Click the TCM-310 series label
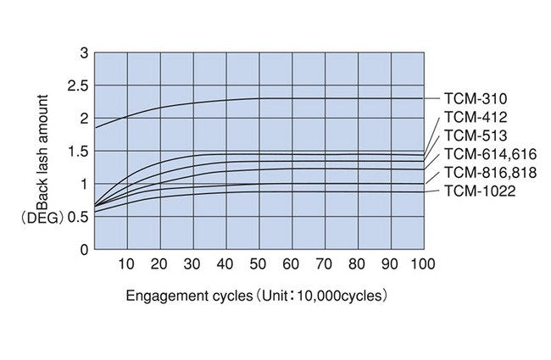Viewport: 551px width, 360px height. (x=475, y=99)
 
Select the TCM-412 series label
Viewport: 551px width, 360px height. (x=475, y=118)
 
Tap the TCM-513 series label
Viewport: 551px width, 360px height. (x=475, y=136)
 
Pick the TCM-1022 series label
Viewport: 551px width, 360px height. (x=478, y=191)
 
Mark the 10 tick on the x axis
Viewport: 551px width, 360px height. (x=127, y=264)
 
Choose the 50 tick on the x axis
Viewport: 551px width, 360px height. (x=259, y=264)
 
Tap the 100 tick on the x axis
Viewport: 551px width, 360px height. (x=421, y=264)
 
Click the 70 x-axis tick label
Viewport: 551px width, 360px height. (x=325, y=264)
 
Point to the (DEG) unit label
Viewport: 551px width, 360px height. (x=37, y=217)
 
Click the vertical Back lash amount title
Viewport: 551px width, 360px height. (x=42, y=148)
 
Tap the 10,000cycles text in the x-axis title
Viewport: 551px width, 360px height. (x=344, y=296)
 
